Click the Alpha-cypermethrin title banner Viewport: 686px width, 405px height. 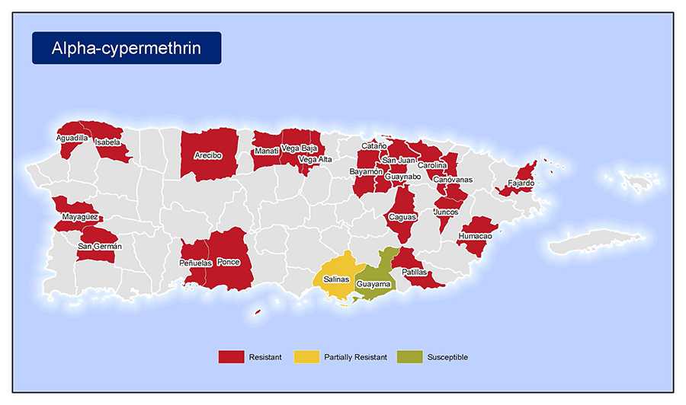tap(127, 48)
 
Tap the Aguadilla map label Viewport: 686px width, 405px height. tap(72, 138)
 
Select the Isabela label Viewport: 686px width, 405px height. tap(107, 142)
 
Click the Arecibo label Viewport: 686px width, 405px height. tap(208, 155)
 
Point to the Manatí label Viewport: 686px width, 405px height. tap(266, 151)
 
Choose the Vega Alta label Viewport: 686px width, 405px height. tap(315, 159)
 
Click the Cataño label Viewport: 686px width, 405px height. tap(373, 145)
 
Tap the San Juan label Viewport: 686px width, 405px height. tap(399, 160)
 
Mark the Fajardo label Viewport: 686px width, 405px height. tap(521, 183)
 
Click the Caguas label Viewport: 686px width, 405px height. tap(402, 217)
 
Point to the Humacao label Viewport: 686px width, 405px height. tap(475, 236)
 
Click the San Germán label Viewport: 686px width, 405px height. tap(96, 246)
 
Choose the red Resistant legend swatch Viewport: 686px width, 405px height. tap(230, 356)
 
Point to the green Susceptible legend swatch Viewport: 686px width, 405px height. tap(409, 356)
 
